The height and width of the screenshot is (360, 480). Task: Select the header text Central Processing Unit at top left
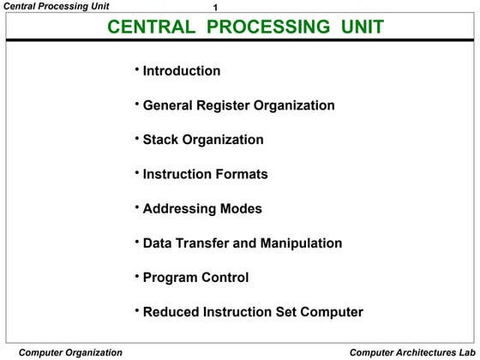56,7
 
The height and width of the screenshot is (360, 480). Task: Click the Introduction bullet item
181,71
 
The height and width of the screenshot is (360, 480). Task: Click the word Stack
161,140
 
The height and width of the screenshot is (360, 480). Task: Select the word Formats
239,174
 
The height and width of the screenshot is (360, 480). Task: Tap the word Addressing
177,208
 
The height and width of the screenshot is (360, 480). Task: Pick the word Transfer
203,243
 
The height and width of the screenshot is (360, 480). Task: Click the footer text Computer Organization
70,352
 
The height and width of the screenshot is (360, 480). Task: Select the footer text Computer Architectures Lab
411,352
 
